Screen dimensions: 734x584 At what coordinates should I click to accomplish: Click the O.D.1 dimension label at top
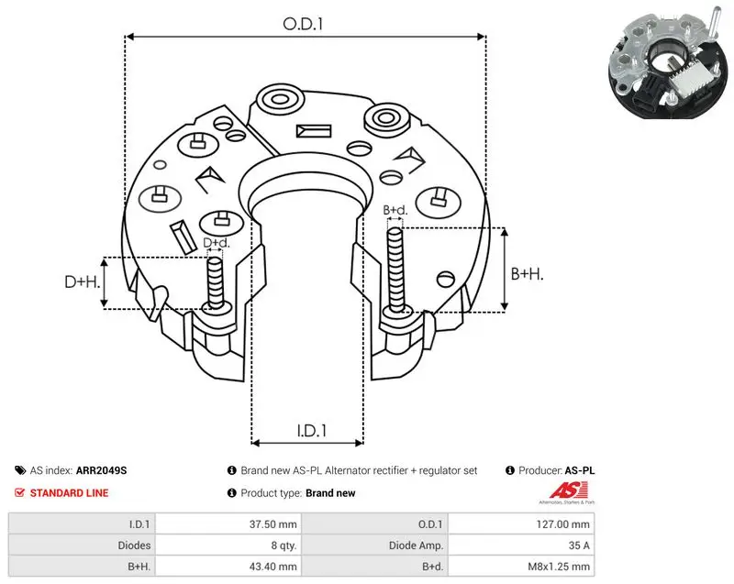click(x=303, y=24)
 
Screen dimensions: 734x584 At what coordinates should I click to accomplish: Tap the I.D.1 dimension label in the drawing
click(x=311, y=430)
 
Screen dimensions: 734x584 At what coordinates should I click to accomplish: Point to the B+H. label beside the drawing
click(x=527, y=273)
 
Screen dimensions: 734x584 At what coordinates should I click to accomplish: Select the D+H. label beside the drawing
click(x=83, y=281)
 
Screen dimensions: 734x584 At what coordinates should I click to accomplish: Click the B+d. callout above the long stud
click(x=395, y=210)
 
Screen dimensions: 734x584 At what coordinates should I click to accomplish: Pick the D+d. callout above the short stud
click(x=217, y=243)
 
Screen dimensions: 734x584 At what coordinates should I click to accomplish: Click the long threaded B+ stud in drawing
click(x=395, y=271)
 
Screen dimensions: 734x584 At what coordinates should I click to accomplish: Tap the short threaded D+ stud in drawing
click(x=216, y=283)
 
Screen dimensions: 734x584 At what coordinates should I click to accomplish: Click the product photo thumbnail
click(x=670, y=61)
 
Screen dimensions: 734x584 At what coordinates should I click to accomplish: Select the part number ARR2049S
click(x=101, y=470)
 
